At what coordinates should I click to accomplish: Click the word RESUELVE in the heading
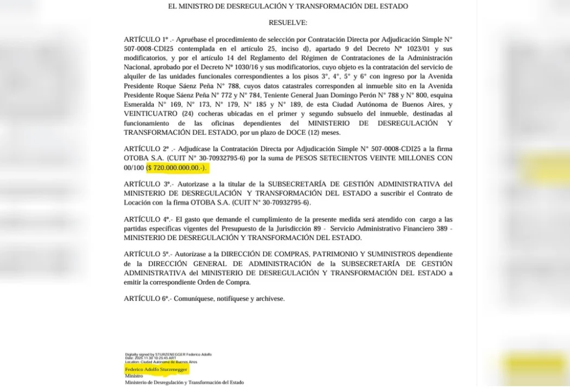point(288,22)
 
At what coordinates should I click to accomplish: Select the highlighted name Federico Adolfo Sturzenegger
point(156,369)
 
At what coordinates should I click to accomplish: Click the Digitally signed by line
point(168,354)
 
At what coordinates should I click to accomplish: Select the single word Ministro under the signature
point(134,376)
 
